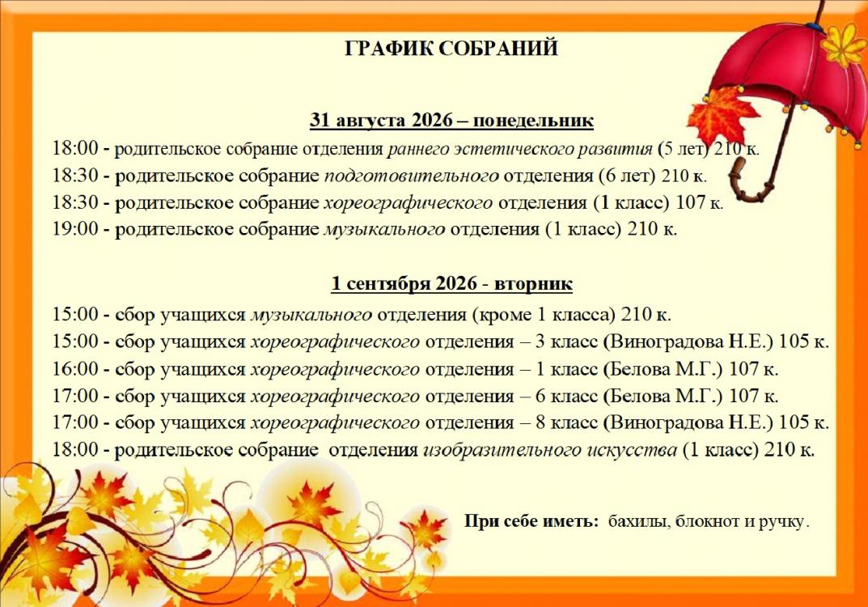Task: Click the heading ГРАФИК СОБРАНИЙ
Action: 451,49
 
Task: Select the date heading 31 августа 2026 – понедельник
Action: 451,121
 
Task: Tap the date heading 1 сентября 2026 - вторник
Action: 451,283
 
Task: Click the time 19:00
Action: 75,229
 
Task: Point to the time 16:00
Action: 75,368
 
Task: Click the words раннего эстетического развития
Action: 520,149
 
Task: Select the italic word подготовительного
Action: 411,176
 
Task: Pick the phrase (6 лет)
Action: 627,176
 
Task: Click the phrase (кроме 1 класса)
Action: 544,315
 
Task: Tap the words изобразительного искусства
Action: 550,450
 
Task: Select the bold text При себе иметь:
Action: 531,522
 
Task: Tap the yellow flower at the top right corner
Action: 842,44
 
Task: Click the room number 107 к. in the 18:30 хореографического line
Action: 700,202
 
